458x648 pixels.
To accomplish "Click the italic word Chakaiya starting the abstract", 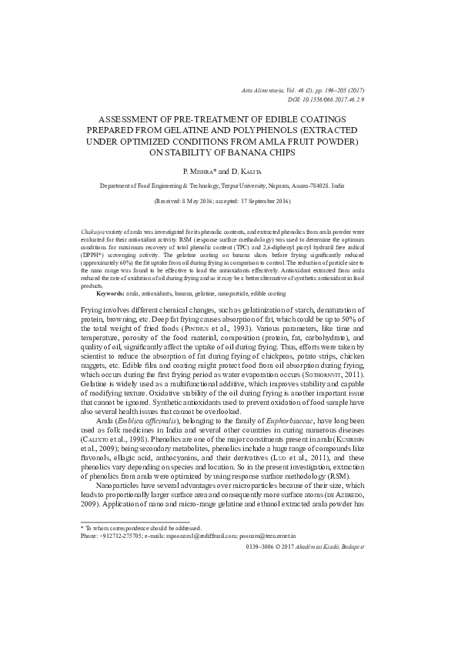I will (94, 232).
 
